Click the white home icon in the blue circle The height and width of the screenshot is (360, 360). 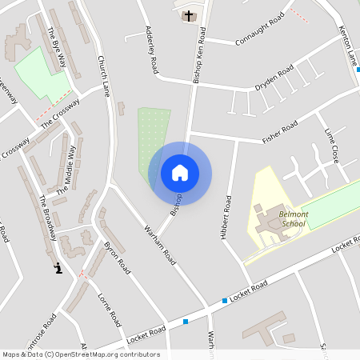tap(180, 173)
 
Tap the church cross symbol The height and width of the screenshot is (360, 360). tap(189, 15)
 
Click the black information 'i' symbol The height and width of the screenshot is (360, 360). tap(58, 268)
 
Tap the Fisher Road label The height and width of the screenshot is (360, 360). tap(280, 132)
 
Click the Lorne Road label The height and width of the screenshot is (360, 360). tap(109, 309)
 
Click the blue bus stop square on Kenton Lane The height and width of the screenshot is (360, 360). tap(358, 70)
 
